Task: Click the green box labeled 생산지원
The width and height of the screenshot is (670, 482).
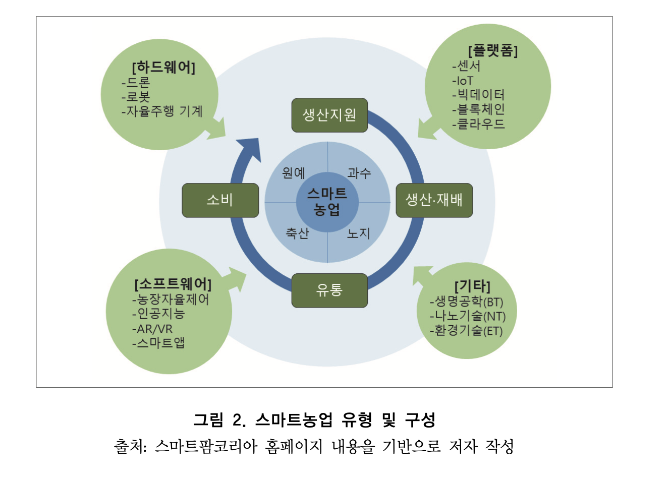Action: click(x=329, y=115)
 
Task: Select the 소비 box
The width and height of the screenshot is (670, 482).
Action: click(x=220, y=200)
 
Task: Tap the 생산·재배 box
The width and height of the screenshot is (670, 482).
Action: click(x=434, y=200)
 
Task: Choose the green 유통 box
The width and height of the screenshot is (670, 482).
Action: click(x=329, y=290)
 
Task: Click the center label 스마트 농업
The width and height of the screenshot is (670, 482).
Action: click(x=327, y=201)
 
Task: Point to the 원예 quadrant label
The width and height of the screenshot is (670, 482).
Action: click(x=294, y=173)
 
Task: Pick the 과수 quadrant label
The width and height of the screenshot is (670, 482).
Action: click(x=359, y=173)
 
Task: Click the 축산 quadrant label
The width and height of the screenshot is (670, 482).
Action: click(x=297, y=233)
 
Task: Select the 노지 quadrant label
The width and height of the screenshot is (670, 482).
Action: click(x=359, y=233)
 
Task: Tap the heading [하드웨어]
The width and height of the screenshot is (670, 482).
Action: click(x=163, y=68)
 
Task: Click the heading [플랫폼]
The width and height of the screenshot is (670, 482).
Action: click(x=493, y=50)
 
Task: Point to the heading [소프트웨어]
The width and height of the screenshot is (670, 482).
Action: click(x=173, y=284)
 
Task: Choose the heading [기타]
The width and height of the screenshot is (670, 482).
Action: click(x=472, y=286)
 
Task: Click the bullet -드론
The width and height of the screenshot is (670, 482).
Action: click(x=136, y=82)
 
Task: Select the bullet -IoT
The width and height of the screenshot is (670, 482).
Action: click(x=463, y=81)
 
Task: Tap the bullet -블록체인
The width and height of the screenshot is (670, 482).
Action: click(x=478, y=109)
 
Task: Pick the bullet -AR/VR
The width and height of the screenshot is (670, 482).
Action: click(x=152, y=329)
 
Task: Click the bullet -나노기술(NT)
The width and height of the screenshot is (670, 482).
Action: click(x=468, y=316)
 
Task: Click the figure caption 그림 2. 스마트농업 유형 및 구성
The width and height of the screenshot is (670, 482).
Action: click(x=314, y=419)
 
